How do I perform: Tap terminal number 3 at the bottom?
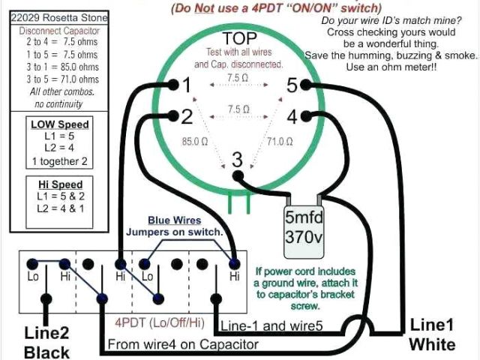point(238,158)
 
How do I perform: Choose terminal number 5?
point(293,85)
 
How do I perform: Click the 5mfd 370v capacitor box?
point(302,227)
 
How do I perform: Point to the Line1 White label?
point(432,335)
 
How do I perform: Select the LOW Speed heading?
point(59,124)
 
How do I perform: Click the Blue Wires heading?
point(174,220)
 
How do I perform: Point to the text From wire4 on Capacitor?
point(183,344)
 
